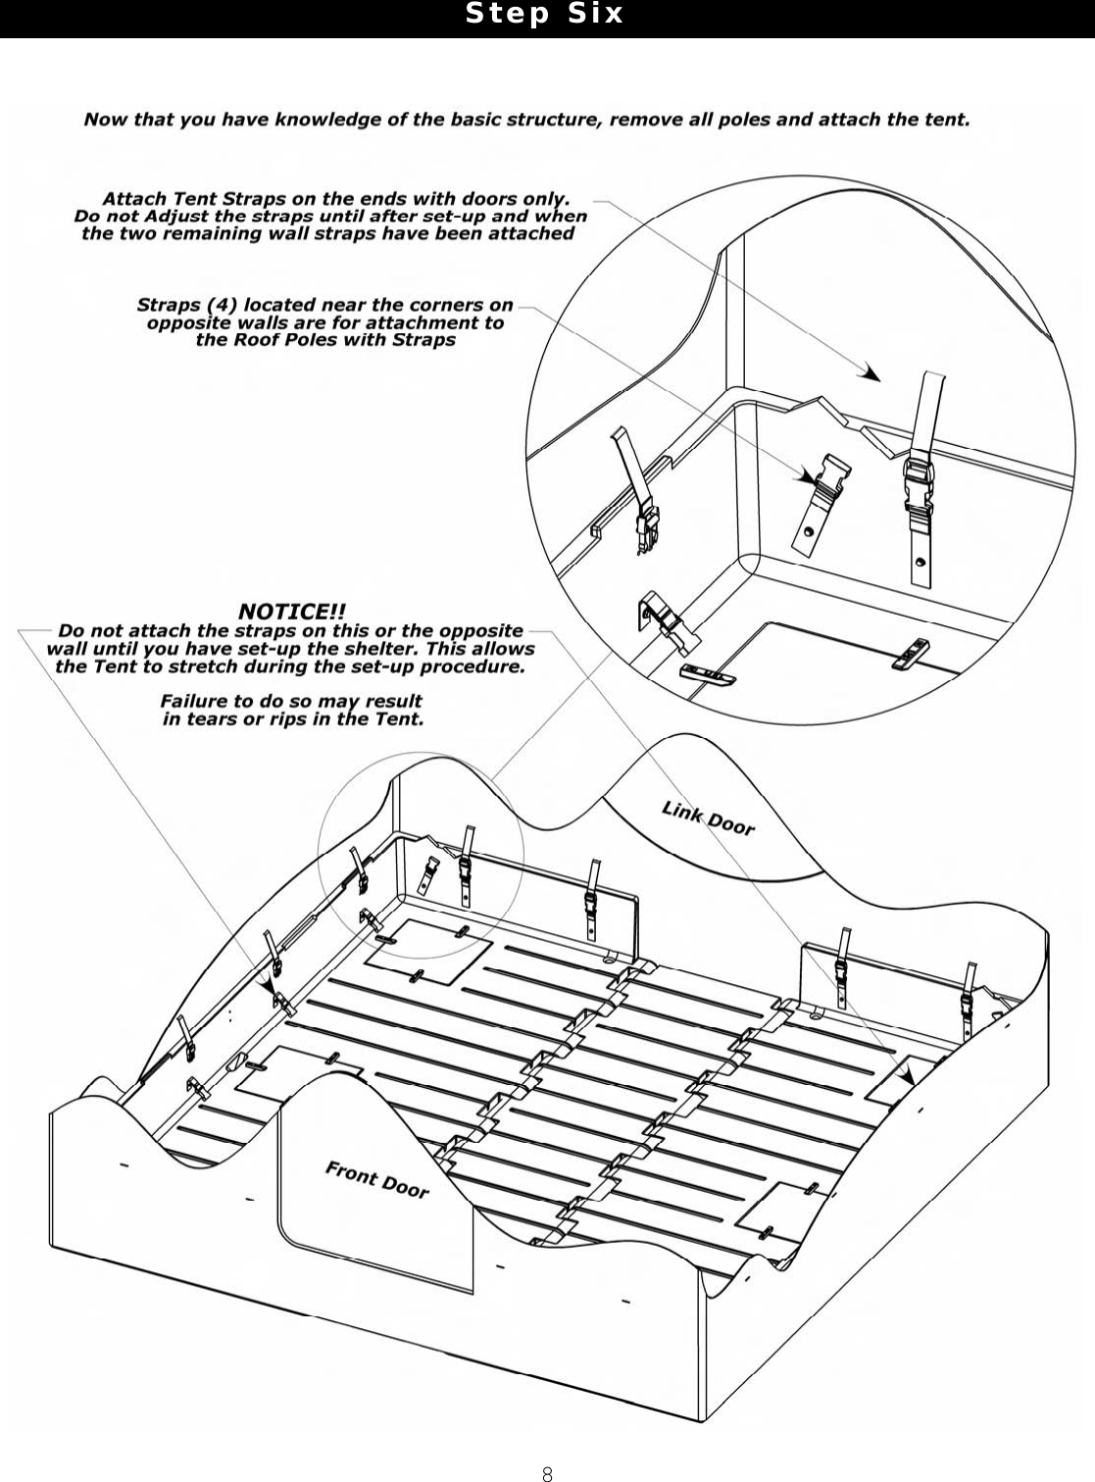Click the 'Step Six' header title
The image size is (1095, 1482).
point(544,14)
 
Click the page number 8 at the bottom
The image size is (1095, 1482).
point(547,1473)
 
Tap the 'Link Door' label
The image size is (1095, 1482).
point(708,817)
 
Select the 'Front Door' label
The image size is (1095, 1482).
point(377,1179)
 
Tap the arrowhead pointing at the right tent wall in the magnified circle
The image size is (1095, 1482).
point(870,372)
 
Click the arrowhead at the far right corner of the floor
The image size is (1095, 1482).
point(907,1075)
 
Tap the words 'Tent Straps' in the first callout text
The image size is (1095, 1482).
point(214,199)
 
